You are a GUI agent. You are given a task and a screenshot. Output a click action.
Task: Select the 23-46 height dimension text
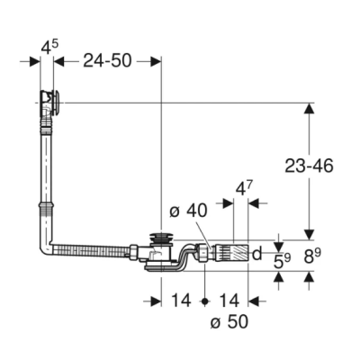pyautogui.click(x=308, y=167)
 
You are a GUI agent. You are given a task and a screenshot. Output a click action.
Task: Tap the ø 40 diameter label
pyautogui.click(x=187, y=211)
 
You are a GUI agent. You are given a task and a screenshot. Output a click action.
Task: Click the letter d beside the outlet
pyautogui.click(x=256, y=255)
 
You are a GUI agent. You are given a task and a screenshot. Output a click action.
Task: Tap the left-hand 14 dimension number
pyautogui.click(x=181, y=300)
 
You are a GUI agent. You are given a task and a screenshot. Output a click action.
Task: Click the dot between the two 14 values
pyautogui.click(x=206, y=300)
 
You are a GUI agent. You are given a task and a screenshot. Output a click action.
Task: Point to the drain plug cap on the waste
pyautogui.click(x=160, y=238)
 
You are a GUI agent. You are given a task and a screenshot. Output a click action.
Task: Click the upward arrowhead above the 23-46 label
pyautogui.click(x=308, y=108)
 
